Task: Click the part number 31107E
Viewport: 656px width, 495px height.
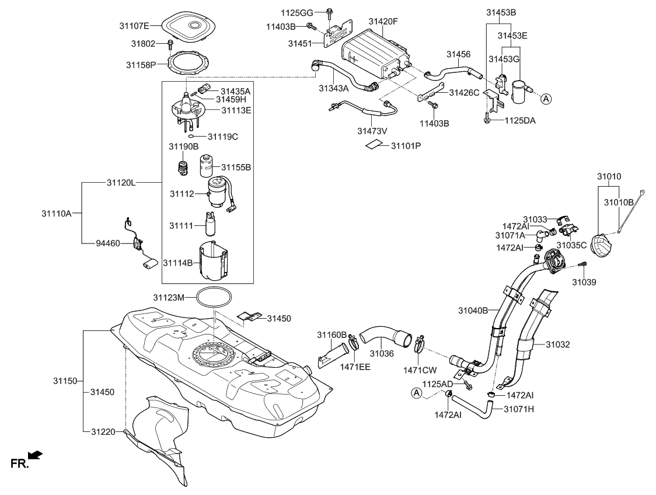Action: pos(135,25)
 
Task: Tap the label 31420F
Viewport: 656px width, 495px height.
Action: pos(383,21)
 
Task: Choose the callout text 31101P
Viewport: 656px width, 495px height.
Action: pos(406,144)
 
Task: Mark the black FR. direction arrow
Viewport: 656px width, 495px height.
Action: pos(36,455)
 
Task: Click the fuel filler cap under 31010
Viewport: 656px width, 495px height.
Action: pos(602,244)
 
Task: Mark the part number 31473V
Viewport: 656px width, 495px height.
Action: pos(372,131)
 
